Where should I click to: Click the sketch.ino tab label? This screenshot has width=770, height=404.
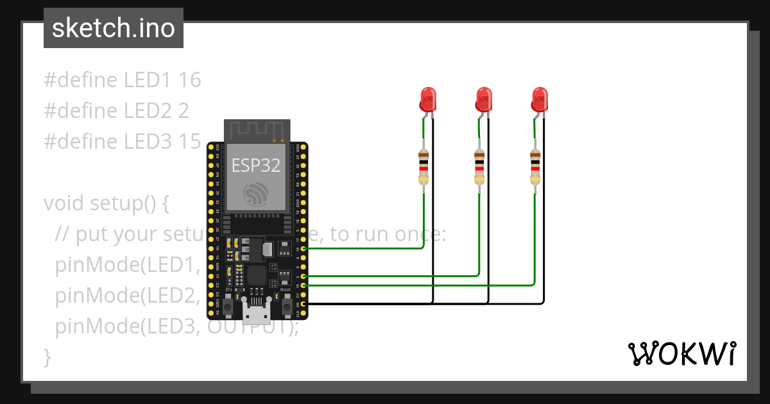point(113,28)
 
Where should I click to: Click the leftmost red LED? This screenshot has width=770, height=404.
point(428,99)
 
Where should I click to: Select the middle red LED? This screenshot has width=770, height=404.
point(484,99)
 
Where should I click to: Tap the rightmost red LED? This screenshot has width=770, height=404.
point(540,99)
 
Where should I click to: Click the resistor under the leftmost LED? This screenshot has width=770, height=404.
point(424,167)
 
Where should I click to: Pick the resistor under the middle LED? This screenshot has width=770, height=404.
point(479,167)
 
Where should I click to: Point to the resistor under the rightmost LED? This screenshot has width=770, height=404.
point(535,167)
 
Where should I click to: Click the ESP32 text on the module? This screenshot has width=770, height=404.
point(256,165)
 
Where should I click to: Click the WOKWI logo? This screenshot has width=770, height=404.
point(681,354)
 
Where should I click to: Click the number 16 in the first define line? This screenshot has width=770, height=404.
point(190,80)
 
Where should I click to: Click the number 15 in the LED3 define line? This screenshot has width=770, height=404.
point(190,142)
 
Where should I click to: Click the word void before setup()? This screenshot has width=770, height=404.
point(64,203)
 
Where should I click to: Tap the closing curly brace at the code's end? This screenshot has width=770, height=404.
point(47,356)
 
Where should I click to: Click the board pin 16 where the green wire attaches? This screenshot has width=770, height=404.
point(304,248)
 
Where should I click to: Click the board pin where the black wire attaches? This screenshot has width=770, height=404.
point(304,303)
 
